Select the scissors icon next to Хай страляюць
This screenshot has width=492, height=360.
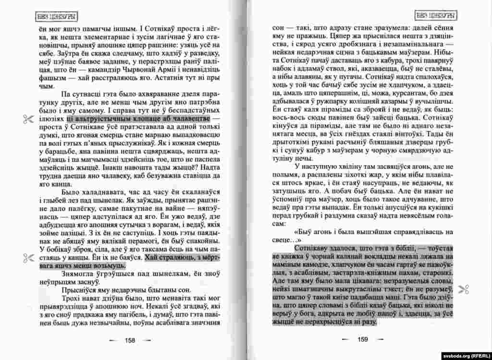tap(25, 258)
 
